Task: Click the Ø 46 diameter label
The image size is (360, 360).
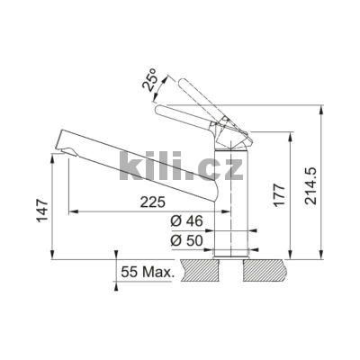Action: (185, 221)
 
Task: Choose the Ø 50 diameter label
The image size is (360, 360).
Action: (185, 240)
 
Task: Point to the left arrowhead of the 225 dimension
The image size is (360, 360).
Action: (73, 211)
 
